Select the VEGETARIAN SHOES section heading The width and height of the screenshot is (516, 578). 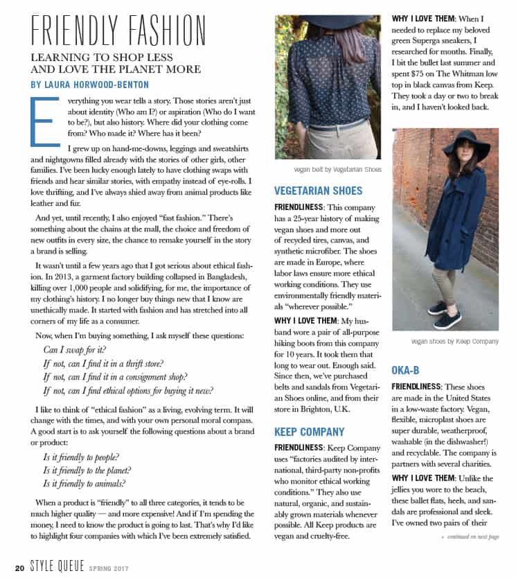318,191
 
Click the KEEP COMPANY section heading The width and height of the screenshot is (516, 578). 309,432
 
